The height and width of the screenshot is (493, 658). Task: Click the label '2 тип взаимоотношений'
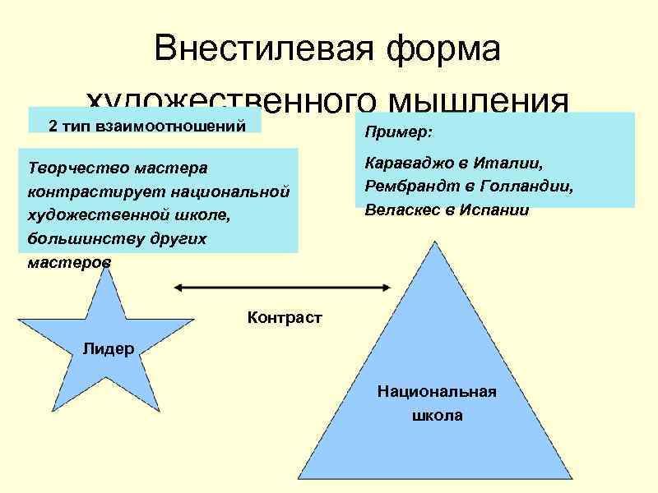click(147, 126)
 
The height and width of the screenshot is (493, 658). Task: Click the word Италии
click(510, 164)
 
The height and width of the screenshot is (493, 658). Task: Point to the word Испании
click(493, 210)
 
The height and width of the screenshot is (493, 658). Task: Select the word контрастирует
click(81, 191)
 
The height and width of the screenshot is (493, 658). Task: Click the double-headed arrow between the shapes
click(280, 287)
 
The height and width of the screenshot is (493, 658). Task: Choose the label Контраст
click(284, 317)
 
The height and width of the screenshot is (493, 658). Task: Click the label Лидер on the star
click(109, 348)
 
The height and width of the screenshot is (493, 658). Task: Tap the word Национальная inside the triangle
click(437, 391)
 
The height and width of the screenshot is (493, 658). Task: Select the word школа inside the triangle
click(437, 415)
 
